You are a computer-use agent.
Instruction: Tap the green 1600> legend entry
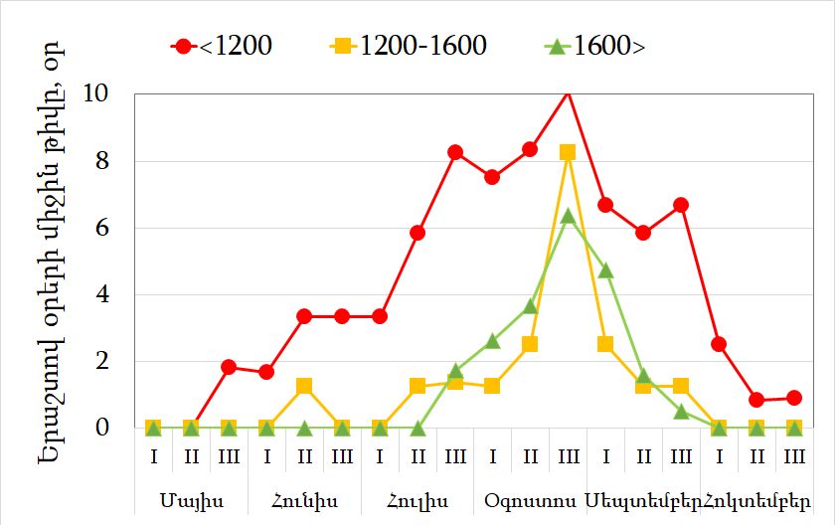(595, 46)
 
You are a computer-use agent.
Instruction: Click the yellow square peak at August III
(568, 152)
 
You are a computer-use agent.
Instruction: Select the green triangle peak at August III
(568, 216)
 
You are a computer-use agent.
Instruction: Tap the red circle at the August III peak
(568, 92)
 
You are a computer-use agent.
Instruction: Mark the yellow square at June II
(304, 386)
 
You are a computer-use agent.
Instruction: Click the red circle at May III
(229, 367)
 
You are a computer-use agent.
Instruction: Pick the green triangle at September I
(605, 269)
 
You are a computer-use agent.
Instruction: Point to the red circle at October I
(719, 344)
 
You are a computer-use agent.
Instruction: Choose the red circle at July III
(455, 152)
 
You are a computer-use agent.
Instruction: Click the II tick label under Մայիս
(191, 456)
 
